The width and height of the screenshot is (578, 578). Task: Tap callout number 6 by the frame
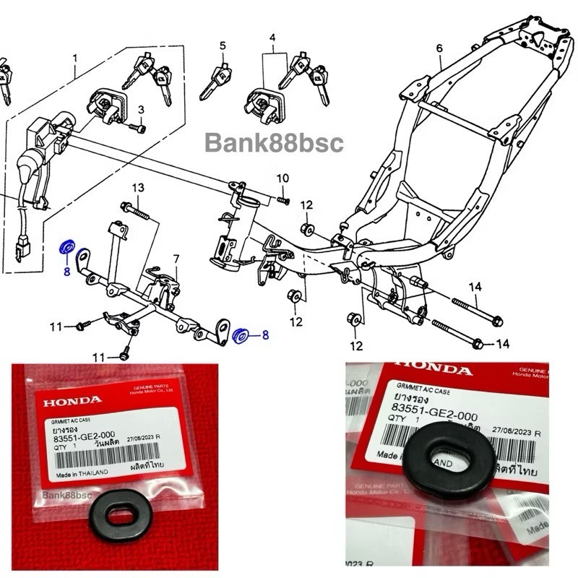click(x=439, y=49)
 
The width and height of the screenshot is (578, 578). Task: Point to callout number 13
click(x=138, y=188)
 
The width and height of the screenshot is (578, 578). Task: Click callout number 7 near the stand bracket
click(x=175, y=259)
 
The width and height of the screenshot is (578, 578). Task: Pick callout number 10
click(x=282, y=178)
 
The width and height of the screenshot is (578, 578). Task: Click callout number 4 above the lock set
click(x=273, y=36)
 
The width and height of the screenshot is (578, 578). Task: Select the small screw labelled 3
click(x=137, y=128)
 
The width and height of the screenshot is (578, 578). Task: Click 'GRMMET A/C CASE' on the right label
click(x=422, y=390)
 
